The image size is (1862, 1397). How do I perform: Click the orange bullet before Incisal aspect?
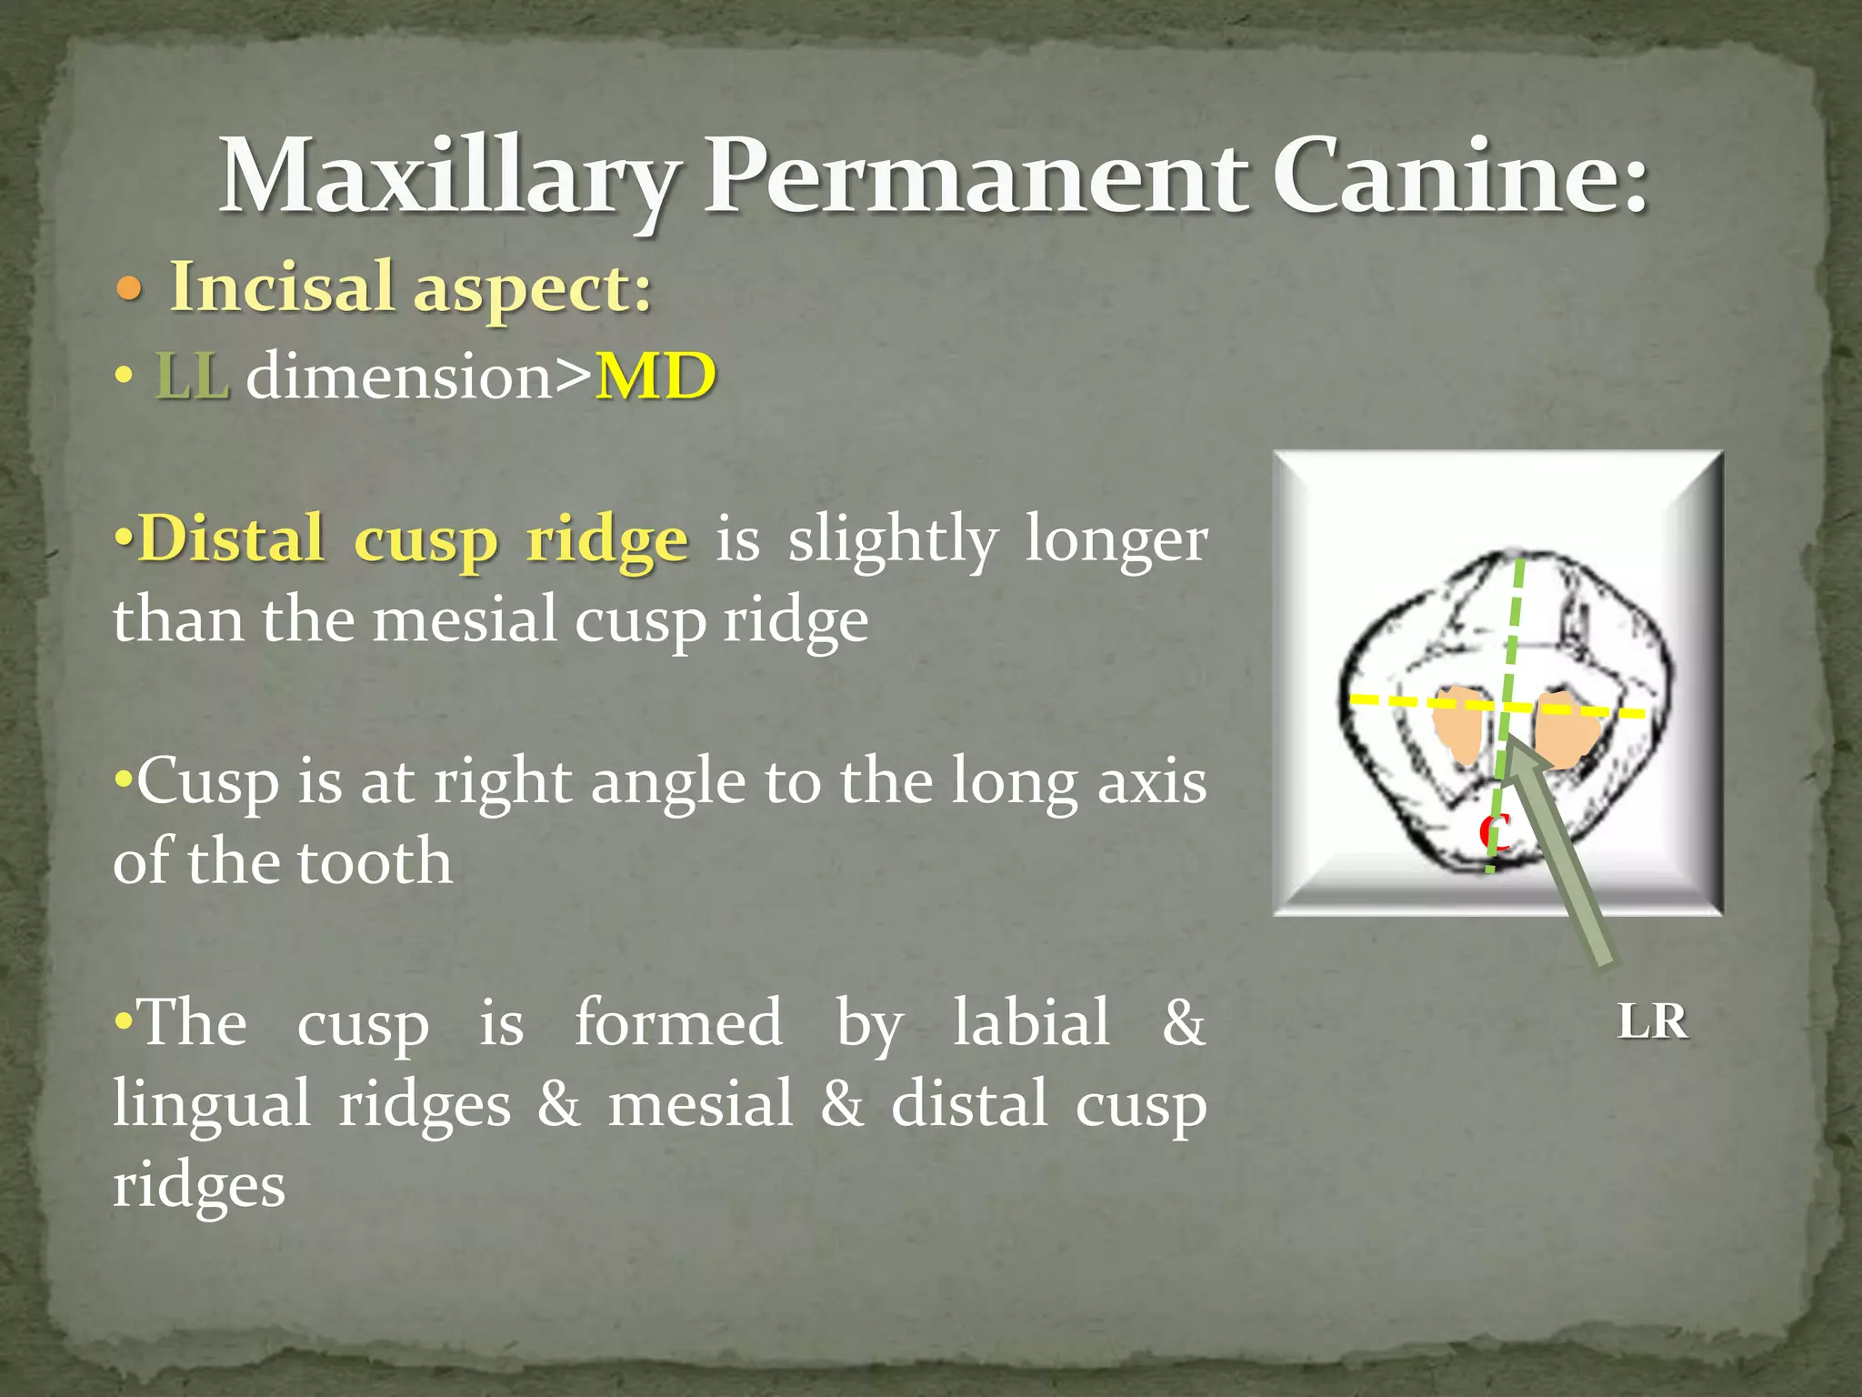pyautogui.click(x=130, y=291)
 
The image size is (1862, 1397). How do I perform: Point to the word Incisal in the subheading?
pyautogui.click(x=282, y=286)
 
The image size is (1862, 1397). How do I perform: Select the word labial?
pyautogui.click(x=1031, y=1022)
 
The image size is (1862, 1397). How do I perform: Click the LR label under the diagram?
pyautogui.click(x=1653, y=1022)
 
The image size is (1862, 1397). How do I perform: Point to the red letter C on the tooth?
pyautogui.click(x=1494, y=830)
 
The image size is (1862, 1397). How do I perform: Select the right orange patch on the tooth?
pyautogui.click(x=1566, y=728)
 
